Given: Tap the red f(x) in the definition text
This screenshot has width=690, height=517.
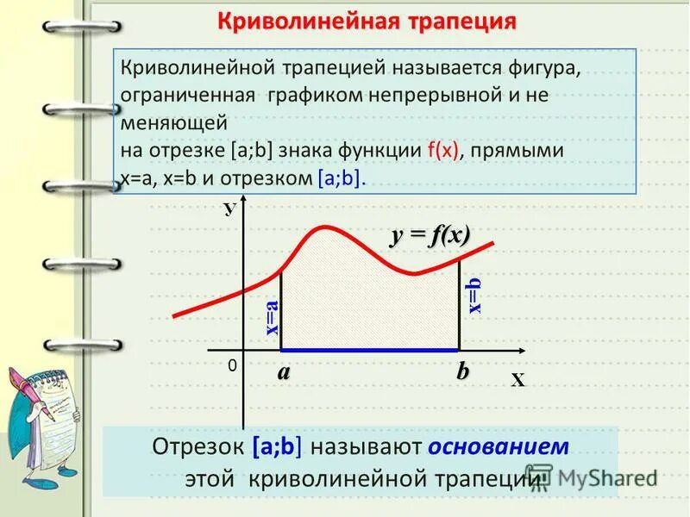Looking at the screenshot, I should tap(443, 151).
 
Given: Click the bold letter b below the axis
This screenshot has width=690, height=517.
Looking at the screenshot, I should tap(463, 371).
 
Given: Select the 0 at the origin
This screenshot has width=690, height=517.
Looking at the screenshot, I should tap(232, 366).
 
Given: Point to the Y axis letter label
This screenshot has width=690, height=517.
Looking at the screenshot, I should tap(229, 209).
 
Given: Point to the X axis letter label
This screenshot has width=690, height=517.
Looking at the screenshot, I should tap(517, 380).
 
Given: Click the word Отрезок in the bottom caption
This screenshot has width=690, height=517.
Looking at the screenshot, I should tap(199, 447).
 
